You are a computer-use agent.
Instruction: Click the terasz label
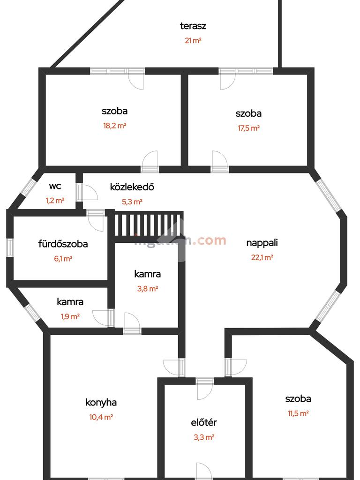(x=193, y=26)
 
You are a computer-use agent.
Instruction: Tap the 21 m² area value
(x=193, y=40)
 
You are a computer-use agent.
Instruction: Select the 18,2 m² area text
(x=115, y=126)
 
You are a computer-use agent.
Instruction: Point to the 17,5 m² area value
(x=248, y=127)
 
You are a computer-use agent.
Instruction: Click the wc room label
(x=55, y=186)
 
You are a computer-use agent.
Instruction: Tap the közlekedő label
(x=132, y=187)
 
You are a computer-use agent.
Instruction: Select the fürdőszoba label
(x=63, y=244)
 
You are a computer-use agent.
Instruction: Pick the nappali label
(x=262, y=243)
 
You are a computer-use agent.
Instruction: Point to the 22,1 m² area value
(x=262, y=257)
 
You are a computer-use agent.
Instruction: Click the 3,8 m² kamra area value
(x=148, y=289)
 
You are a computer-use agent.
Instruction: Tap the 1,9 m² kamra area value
(x=70, y=316)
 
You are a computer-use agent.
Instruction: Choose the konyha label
(x=101, y=402)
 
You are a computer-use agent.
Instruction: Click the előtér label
(x=204, y=422)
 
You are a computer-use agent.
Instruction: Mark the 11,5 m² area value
(x=298, y=413)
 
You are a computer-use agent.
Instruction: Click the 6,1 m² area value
(x=63, y=258)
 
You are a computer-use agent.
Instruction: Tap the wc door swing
(x=89, y=192)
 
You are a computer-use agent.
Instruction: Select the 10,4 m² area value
(x=101, y=417)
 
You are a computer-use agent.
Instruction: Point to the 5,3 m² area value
(x=132, y=202)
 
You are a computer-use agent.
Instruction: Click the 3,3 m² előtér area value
(x=204, y=437)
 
